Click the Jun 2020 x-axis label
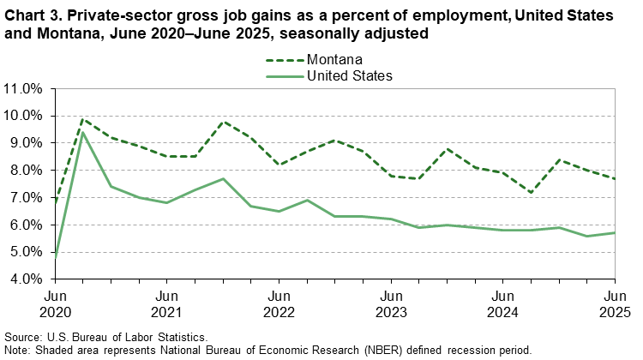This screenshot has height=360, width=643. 56,301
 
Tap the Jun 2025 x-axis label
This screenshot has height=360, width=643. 614,301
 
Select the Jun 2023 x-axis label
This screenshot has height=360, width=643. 390,301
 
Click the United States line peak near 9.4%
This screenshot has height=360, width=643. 83,131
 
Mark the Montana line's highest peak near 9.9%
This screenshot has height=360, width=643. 83,118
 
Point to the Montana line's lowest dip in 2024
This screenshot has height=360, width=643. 530,192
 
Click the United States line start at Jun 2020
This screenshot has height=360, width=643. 56,257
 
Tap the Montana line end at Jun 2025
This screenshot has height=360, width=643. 614,178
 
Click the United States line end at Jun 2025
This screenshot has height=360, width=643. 614,232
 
